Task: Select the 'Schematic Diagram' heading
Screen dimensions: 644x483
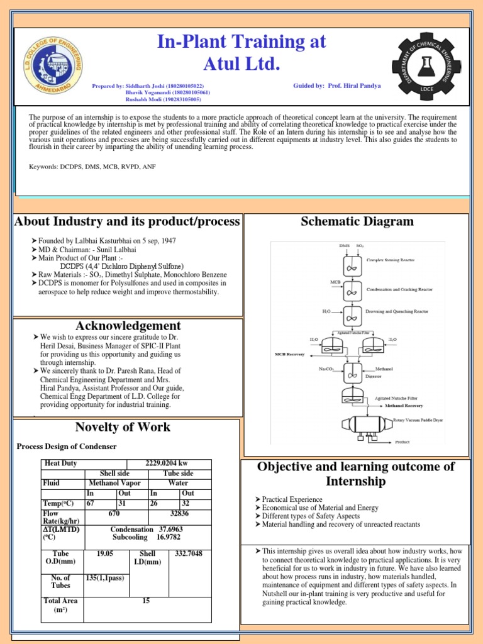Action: (x=357, y=221)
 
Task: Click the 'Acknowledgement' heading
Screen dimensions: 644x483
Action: (x=128, y=326)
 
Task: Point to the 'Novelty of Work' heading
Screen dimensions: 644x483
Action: (x=123, y=427)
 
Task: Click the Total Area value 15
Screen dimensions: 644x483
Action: (x=146, y=601)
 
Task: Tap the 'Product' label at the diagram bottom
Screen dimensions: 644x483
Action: (x=402, y=441)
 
